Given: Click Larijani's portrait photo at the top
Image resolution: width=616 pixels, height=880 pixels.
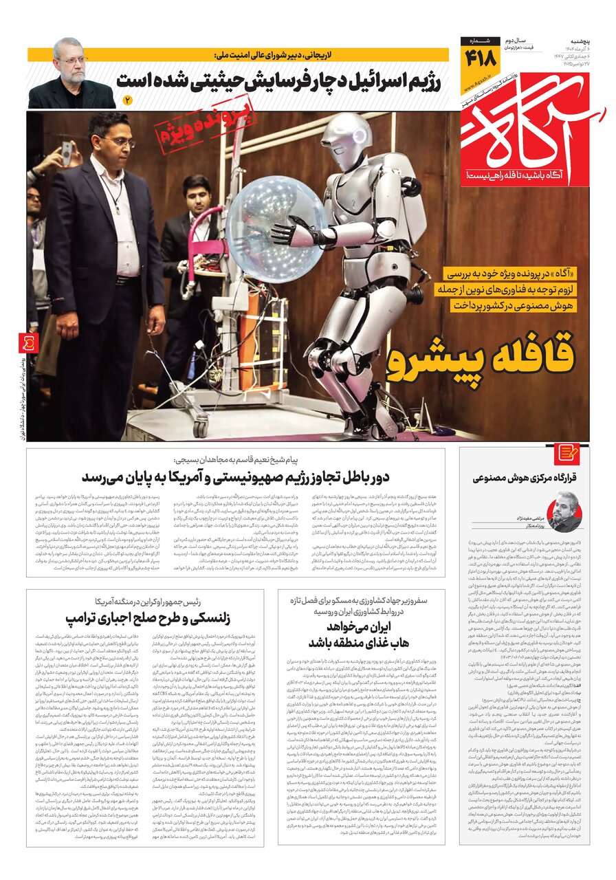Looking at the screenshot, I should click(71, 72).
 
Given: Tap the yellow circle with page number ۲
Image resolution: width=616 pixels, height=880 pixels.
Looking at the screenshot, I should click(126, 100).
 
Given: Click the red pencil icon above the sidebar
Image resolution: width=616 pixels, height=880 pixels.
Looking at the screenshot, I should click(569, 453).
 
